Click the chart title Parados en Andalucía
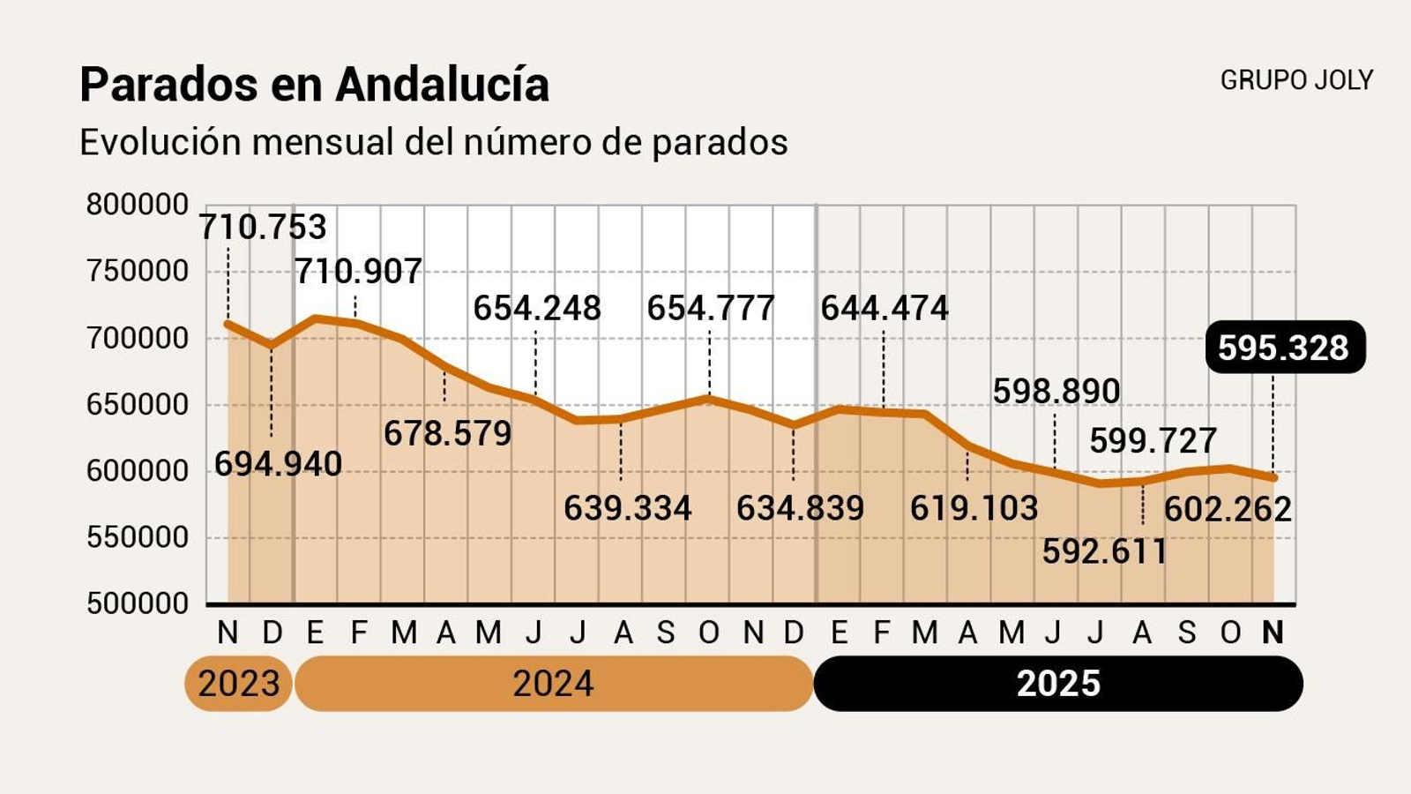click(315, 86)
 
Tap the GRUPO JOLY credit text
click(1295, 80)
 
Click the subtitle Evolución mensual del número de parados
click(433, 142)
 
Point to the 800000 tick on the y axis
click(137, 205)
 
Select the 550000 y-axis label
click(137, 537)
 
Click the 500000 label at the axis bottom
click(137, 603)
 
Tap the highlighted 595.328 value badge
click(1283, 348)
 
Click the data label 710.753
click(263, 228)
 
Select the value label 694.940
click(278, 464)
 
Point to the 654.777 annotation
click(710, 308)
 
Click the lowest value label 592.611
click(1104, 551)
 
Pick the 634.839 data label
click(800, 508)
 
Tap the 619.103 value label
click(974, 508)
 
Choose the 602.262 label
click(1228, 509)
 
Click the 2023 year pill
click(238, 684)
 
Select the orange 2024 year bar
click(553, 684)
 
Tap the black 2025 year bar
click(1057, 684)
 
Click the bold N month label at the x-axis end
click(1273, 633)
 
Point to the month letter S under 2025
click(1187, 633)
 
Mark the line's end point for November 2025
click(1273, 477)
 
